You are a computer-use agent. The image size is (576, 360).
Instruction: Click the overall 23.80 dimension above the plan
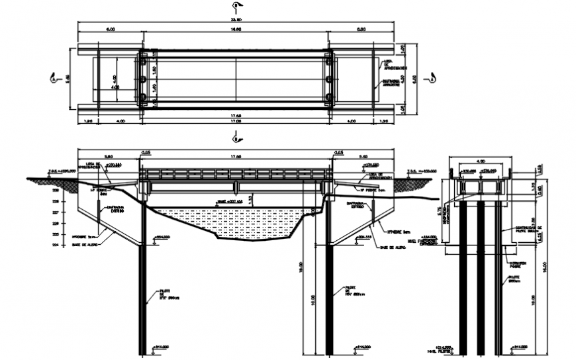coord(236,21)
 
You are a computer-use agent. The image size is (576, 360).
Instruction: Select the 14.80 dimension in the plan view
coord(236,30)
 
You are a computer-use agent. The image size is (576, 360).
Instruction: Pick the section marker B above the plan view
coord(236,7)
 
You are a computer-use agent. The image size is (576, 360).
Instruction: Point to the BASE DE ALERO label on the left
coord(86,244)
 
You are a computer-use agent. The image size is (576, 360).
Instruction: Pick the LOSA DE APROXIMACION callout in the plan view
coord(388,64)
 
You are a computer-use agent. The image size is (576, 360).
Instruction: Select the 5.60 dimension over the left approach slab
coord(110,156)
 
